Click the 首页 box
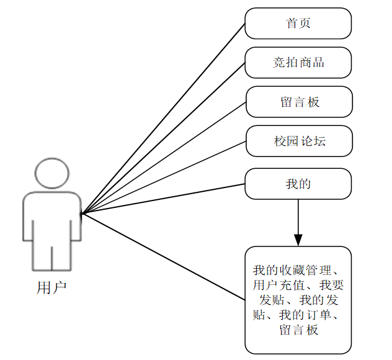click(298, 24)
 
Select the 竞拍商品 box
click(298, 63)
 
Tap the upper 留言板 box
click(299, 102)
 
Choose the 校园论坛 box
click(299, 141)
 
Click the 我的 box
click(298, 184)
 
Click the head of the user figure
click(52, 173)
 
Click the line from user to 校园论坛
click(164, 178)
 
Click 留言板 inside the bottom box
click(299, 330)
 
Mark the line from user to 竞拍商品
click(164, 138)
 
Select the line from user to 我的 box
click(164, 198)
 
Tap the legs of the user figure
click(52, 258)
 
